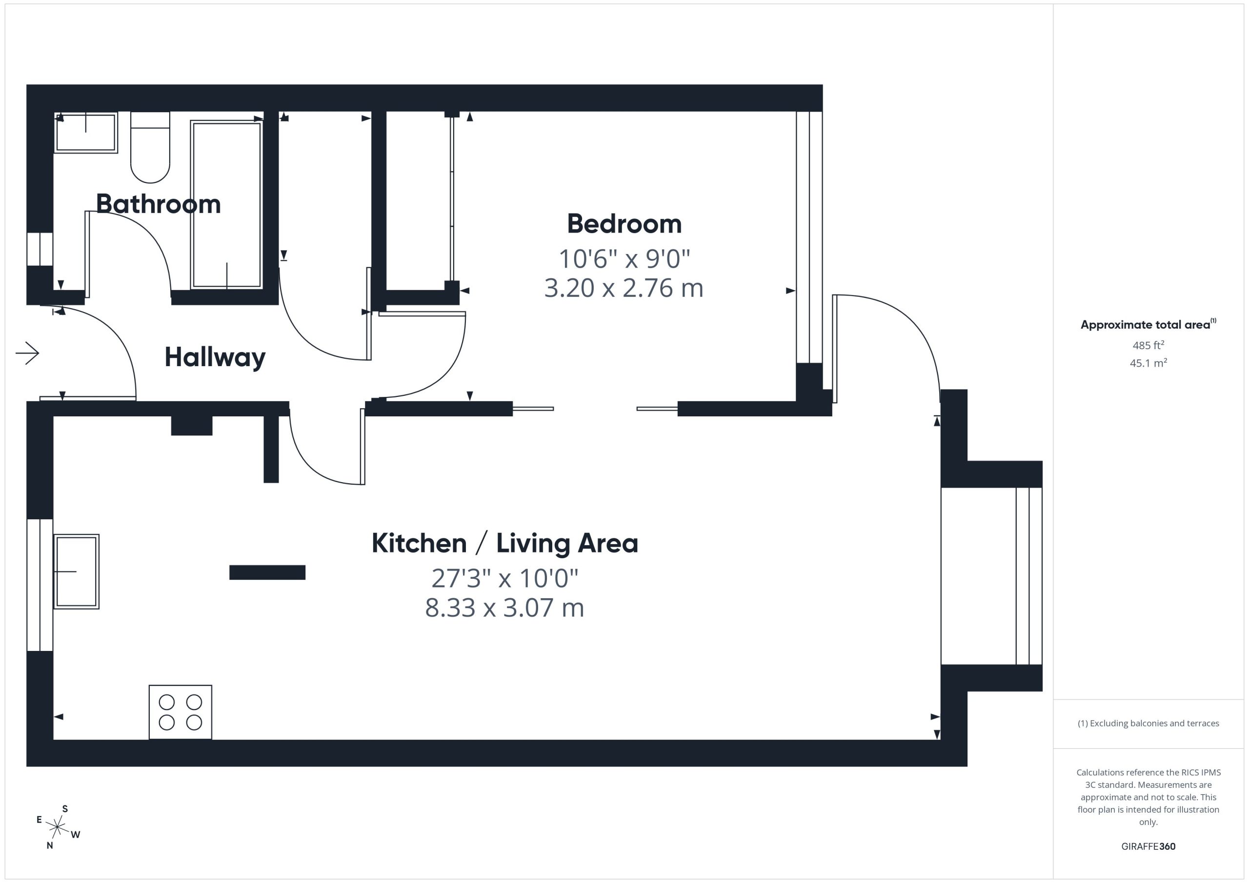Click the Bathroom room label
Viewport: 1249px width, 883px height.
tap(158, 204)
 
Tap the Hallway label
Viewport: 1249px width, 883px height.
tap(215, 358)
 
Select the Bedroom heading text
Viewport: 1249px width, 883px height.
tap(624, 224)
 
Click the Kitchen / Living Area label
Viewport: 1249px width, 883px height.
tap(505, 543)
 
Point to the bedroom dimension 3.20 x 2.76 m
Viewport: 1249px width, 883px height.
tap(624, 288)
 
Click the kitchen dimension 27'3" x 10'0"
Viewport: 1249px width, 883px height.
tap(505, 578)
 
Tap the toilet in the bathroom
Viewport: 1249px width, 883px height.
tap(150, 147)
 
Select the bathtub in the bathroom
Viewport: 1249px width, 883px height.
tap(226, 205)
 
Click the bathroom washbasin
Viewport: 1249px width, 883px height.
tap(86, 133)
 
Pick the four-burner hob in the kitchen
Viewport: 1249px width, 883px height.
tap(181, 712)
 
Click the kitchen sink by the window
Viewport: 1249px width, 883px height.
tap(76, 571)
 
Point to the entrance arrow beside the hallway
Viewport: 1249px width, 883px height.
tap(27, 353)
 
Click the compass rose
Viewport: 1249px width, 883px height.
tap(57, 827)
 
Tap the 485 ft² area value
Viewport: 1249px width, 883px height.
tap(1148, 345)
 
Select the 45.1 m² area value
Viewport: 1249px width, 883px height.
tap(1148, 363)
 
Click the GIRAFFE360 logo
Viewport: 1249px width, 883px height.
tap(1148, 846)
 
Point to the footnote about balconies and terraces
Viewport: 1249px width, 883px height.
tap(1148, 723)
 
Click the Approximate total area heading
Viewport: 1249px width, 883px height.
tap(1148, 325)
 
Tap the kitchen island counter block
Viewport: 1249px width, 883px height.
tap(267, 572)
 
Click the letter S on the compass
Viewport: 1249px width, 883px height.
tap(65, 808)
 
